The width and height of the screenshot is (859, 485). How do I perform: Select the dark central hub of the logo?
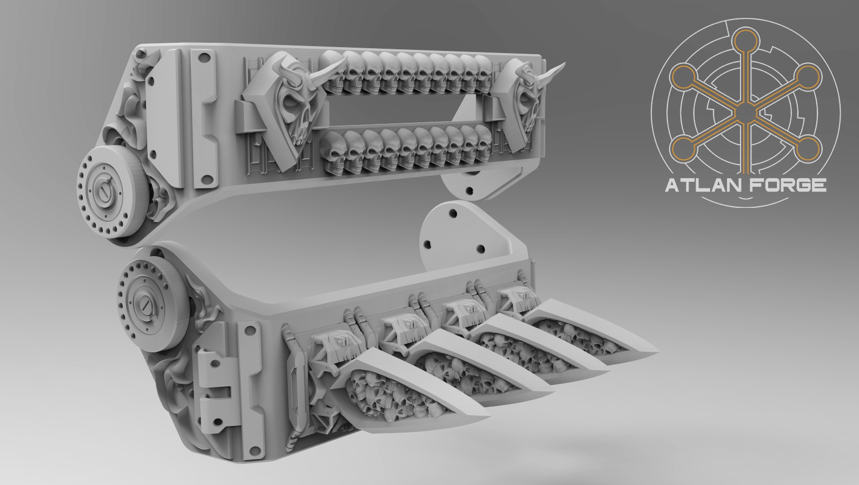point(746,113)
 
